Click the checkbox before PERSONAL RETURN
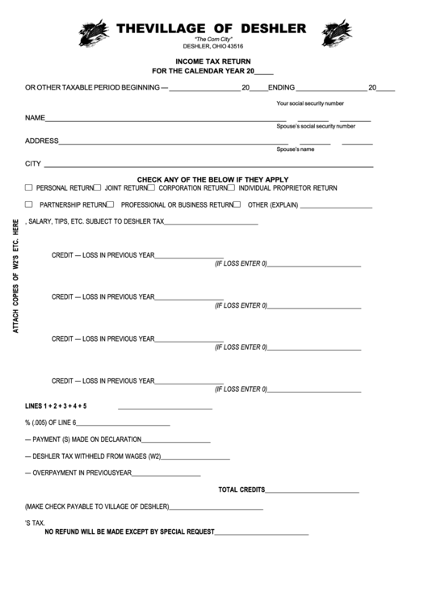[x=29, y=187]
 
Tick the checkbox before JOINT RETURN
[x=98, y=187]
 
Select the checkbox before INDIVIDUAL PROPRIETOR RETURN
[x=231, y=187]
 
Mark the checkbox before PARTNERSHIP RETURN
[x=29, y=204]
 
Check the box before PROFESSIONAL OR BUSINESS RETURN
[x=111, y=204]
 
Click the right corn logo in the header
[x=336, y=33]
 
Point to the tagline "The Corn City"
[x=213, y=40]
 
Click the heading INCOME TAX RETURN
[x=213, y=61]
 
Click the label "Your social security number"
[x=310, y=103]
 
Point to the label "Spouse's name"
[x=296, y=149]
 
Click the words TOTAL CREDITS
[x=241, y=489]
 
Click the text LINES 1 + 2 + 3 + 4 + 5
[x=56, y=405]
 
